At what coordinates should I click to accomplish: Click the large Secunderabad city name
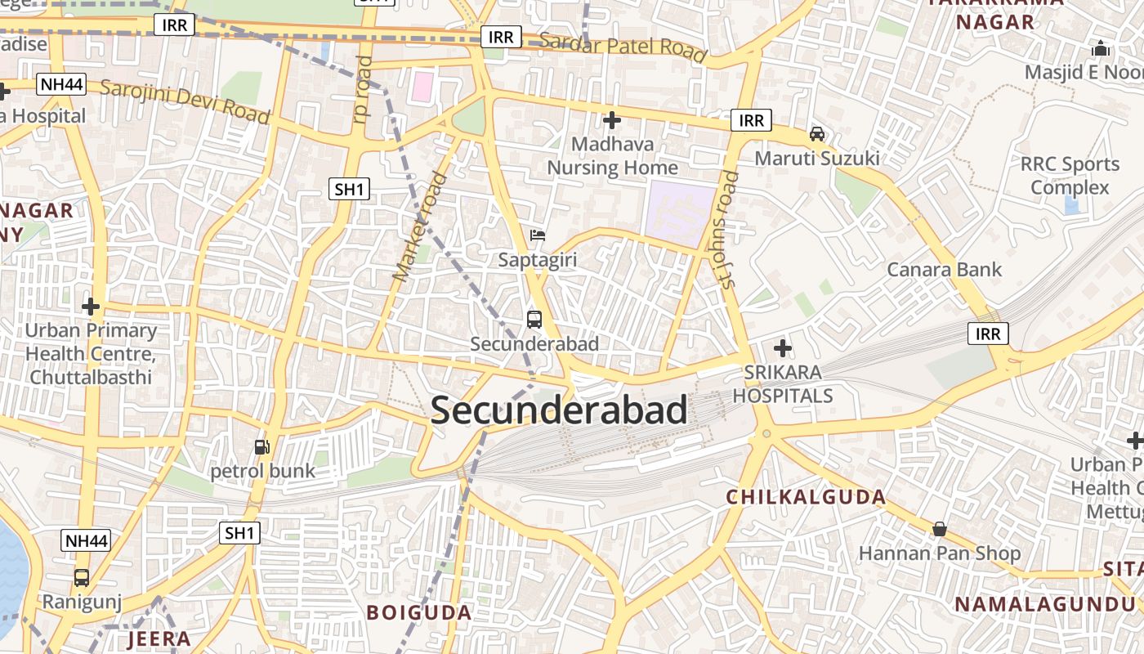coord(559,410)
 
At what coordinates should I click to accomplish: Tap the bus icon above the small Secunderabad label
coord(534,320)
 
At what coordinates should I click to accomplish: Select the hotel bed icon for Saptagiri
coord(537,236)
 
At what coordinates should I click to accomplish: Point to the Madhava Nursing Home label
coord(612,156)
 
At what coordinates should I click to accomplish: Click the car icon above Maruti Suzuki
coord(816,133)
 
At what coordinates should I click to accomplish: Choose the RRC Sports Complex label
coord(1070,176)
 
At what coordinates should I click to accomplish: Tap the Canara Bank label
coord(944,269)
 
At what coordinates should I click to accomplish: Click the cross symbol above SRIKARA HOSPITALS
coord(783,349)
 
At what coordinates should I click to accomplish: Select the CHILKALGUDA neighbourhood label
coord(807,496)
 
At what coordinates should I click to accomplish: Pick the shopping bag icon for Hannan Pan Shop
coord(940,529)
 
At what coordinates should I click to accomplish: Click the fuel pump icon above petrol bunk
coord(262,446)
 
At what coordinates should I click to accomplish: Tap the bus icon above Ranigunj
coord(82,578)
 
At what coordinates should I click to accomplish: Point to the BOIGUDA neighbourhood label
coord(419,612)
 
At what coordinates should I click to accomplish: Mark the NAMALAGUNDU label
coord(1045,604)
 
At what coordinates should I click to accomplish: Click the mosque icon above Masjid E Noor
coord(1101,48)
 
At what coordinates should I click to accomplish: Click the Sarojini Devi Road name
coord(185,102)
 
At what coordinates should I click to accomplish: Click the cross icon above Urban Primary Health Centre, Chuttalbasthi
coord(91,307)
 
